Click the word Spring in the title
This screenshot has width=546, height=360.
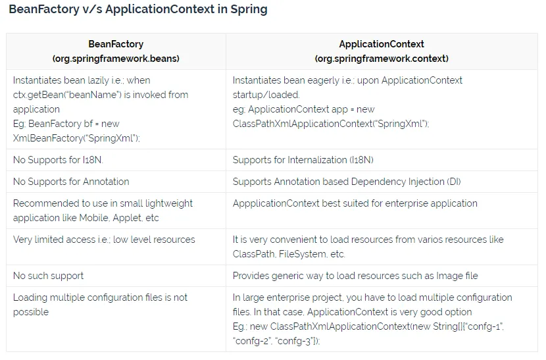coord(249,10)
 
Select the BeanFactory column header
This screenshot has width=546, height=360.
coord(116,44)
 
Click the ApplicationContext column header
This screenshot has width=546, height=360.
coord(382,44)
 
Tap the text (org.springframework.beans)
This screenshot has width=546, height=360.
coord(116,59)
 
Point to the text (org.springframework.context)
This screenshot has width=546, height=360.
coord(382,59)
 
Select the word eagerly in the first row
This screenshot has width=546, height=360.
coord(320,80)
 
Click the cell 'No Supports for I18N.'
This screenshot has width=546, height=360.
coord(58,160)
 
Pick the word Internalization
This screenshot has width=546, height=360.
coord(317,160)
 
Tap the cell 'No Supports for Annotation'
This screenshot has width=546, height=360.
coord(71,182)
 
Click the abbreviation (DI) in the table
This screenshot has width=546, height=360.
coord(454,182)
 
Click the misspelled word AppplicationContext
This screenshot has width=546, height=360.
coord(276,203)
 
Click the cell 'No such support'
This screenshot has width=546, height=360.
coord(49,276)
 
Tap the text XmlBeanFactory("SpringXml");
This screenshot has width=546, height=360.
coord(76,138)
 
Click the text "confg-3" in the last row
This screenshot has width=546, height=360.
coord(297,341)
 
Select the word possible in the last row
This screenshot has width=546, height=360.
coord(31,312)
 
